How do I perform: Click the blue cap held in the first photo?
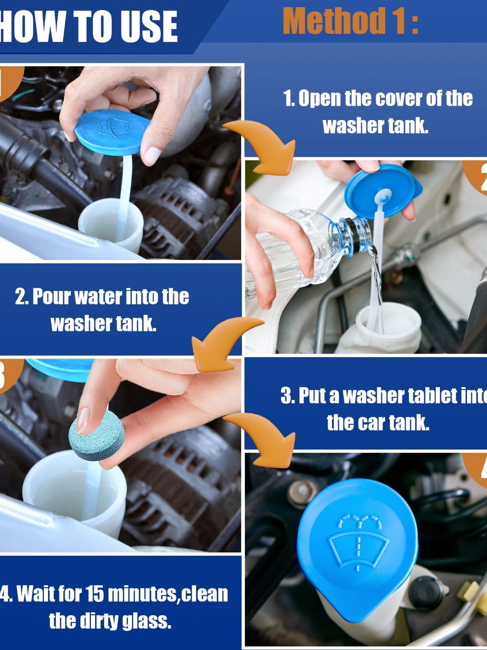click(x=112, y=132)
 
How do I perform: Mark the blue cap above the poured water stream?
click(x=383, y=191)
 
